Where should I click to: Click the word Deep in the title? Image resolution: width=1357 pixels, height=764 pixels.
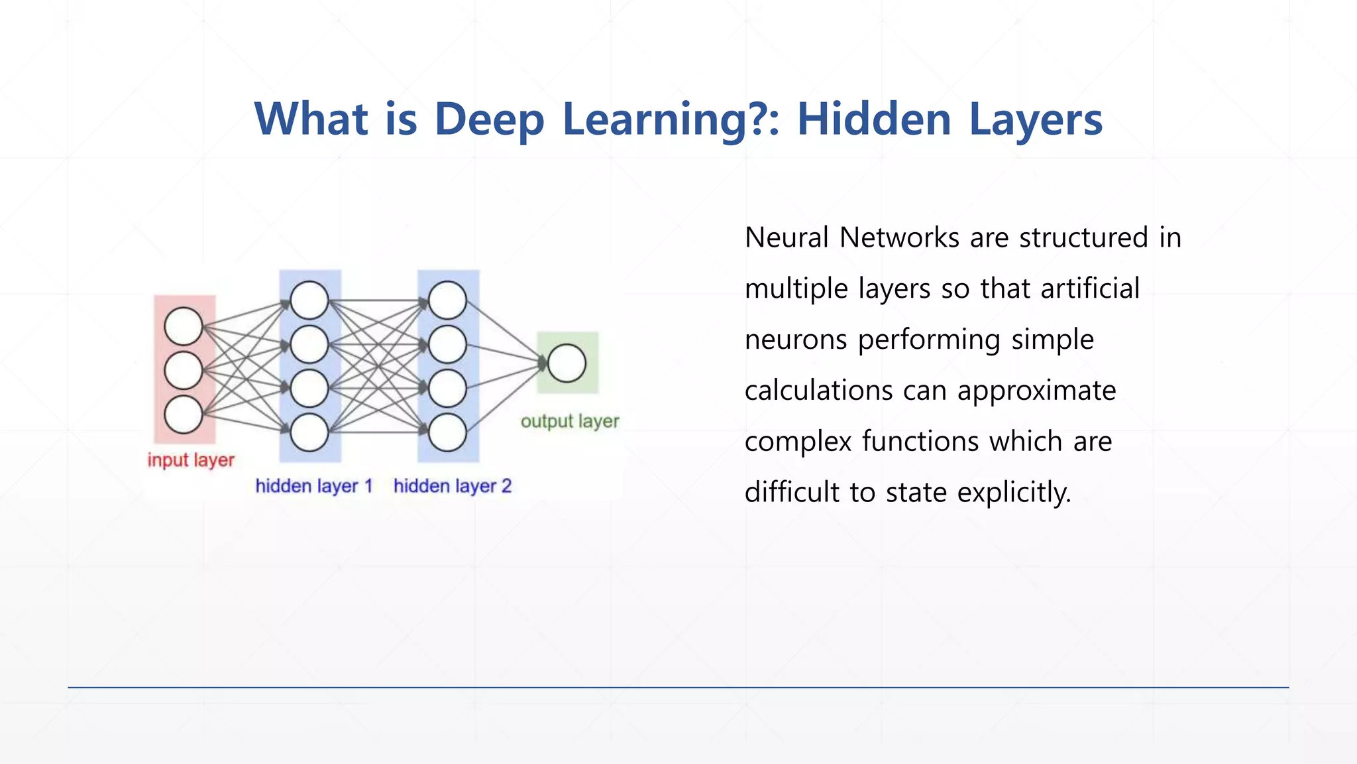pos(489,119)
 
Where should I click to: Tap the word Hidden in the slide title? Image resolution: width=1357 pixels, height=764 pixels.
pos(874,119)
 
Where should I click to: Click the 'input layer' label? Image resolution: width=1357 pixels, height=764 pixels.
pos(191,460)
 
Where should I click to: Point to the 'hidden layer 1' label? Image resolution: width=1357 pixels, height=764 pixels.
pos(314,486)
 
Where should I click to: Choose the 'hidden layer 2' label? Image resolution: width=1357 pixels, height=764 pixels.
pos(453,486)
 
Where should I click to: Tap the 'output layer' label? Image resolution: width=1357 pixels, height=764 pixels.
pos(570,421)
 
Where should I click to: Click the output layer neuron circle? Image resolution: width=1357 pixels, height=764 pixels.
pos(567,363)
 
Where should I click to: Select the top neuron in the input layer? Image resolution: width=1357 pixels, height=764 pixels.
pos(184,326)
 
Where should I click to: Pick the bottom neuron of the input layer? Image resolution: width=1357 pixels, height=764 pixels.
pos(184,414)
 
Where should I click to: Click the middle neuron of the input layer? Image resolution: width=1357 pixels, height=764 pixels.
pos(184,370)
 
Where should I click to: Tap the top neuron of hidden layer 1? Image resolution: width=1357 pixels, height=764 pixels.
pos(309,300)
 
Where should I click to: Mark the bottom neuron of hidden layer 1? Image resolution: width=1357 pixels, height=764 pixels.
pos(309,432)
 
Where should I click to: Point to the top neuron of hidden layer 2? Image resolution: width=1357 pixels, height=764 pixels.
pos(447,300)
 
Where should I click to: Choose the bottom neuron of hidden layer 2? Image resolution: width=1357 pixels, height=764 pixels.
pos(447,432)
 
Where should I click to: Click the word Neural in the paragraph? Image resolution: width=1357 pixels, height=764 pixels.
pos(787,237)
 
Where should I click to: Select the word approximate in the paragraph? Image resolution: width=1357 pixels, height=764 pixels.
pos(1036,391)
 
